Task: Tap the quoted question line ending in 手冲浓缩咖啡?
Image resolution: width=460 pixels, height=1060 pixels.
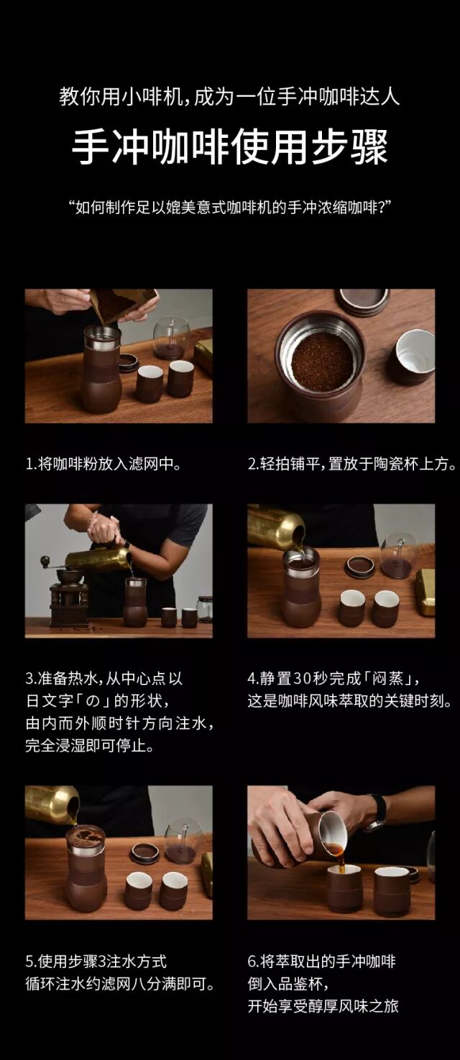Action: tap(230, 208)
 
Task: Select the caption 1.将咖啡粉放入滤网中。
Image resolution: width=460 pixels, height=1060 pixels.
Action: tap(103, 464)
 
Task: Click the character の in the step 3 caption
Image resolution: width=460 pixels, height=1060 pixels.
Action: tap(93, 701)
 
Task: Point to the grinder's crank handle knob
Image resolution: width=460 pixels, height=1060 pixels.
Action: tap(45, 561)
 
